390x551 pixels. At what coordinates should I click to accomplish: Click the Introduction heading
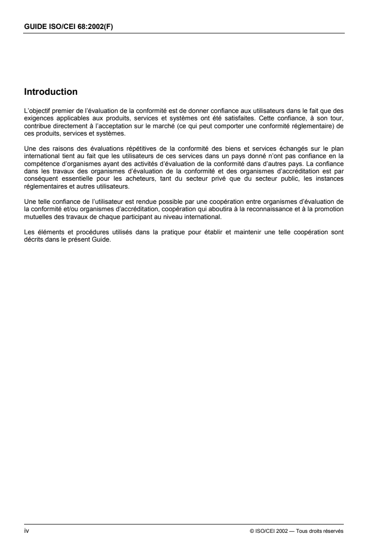pyautogui.click(x=51, y=91)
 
